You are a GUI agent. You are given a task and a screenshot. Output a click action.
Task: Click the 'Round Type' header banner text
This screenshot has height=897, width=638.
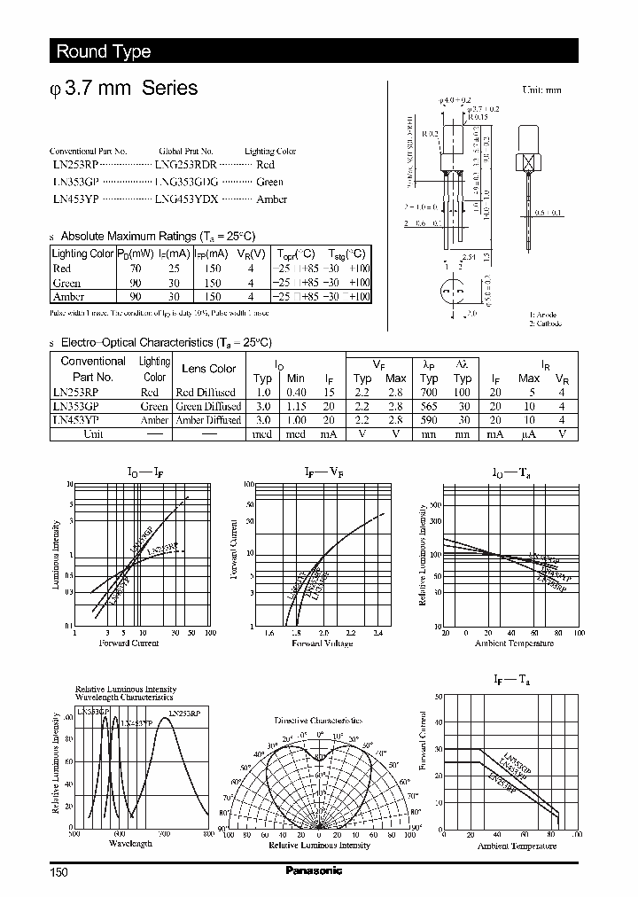(x=104, y=51)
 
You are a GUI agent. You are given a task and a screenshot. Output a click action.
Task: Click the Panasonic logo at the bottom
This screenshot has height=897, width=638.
(x=313, y=870)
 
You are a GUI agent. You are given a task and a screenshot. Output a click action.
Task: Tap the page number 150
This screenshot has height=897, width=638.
(x=58, y=872)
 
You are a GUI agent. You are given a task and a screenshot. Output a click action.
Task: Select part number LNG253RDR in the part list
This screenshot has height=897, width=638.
(x=185, y=165)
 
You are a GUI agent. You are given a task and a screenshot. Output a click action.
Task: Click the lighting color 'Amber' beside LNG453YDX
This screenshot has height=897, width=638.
(x=271, y=199)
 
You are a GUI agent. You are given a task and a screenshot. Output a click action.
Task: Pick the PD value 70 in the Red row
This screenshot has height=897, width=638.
(x=136, y=269)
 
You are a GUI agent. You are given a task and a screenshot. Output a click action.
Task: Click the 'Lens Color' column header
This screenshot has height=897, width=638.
(x=208, y=369)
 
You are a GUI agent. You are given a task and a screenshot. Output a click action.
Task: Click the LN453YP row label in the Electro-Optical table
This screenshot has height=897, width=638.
(x=79, y=420)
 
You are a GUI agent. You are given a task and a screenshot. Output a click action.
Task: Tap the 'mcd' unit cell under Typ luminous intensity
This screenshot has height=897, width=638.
(x=262, y=434)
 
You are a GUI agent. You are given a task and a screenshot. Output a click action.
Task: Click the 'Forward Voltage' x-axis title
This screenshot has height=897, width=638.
(x=323, y=643)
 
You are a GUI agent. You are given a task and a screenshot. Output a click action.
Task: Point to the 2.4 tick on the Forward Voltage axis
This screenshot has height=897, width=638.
(x=377, y=633)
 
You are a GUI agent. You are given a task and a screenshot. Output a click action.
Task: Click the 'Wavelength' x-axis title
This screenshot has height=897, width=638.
(x=129, y=843)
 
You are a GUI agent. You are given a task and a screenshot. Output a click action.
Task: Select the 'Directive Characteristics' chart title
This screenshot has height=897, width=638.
(x=317, y=721)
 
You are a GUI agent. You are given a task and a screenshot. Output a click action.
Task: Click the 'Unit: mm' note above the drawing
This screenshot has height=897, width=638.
(x=542, y=90)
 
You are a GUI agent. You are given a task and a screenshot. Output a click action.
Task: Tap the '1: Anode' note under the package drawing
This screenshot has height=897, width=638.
(x=544, y=315)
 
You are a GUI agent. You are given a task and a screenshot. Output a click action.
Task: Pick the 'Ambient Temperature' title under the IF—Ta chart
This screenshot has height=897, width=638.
(x=517, y=846)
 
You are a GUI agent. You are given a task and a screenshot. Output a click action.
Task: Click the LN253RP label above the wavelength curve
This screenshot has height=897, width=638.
(x=184, y=713)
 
